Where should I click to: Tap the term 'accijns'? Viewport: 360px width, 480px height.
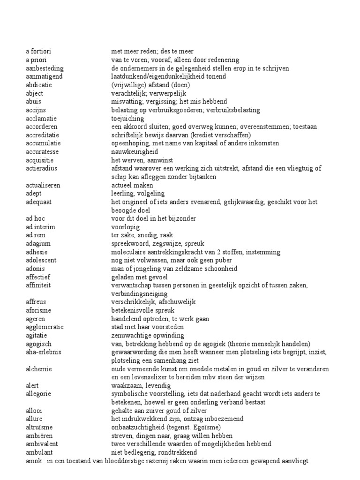36,110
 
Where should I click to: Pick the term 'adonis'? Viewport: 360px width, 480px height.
35,269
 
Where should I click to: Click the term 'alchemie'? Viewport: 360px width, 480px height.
38,369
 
